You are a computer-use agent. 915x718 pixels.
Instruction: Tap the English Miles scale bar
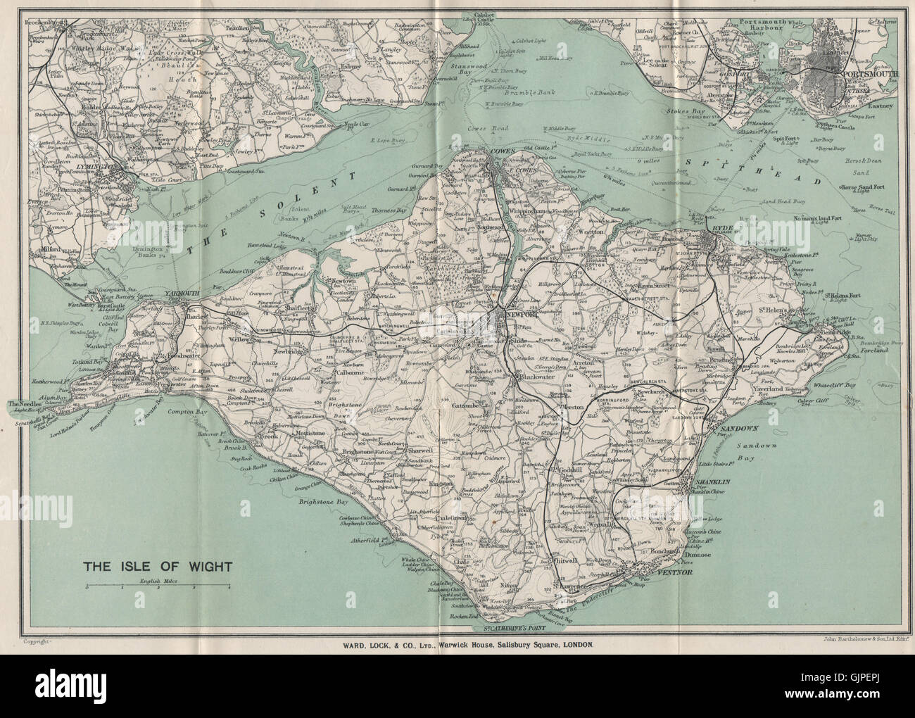tap(158, 586)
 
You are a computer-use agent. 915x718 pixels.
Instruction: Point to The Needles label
tap(23, 404)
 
